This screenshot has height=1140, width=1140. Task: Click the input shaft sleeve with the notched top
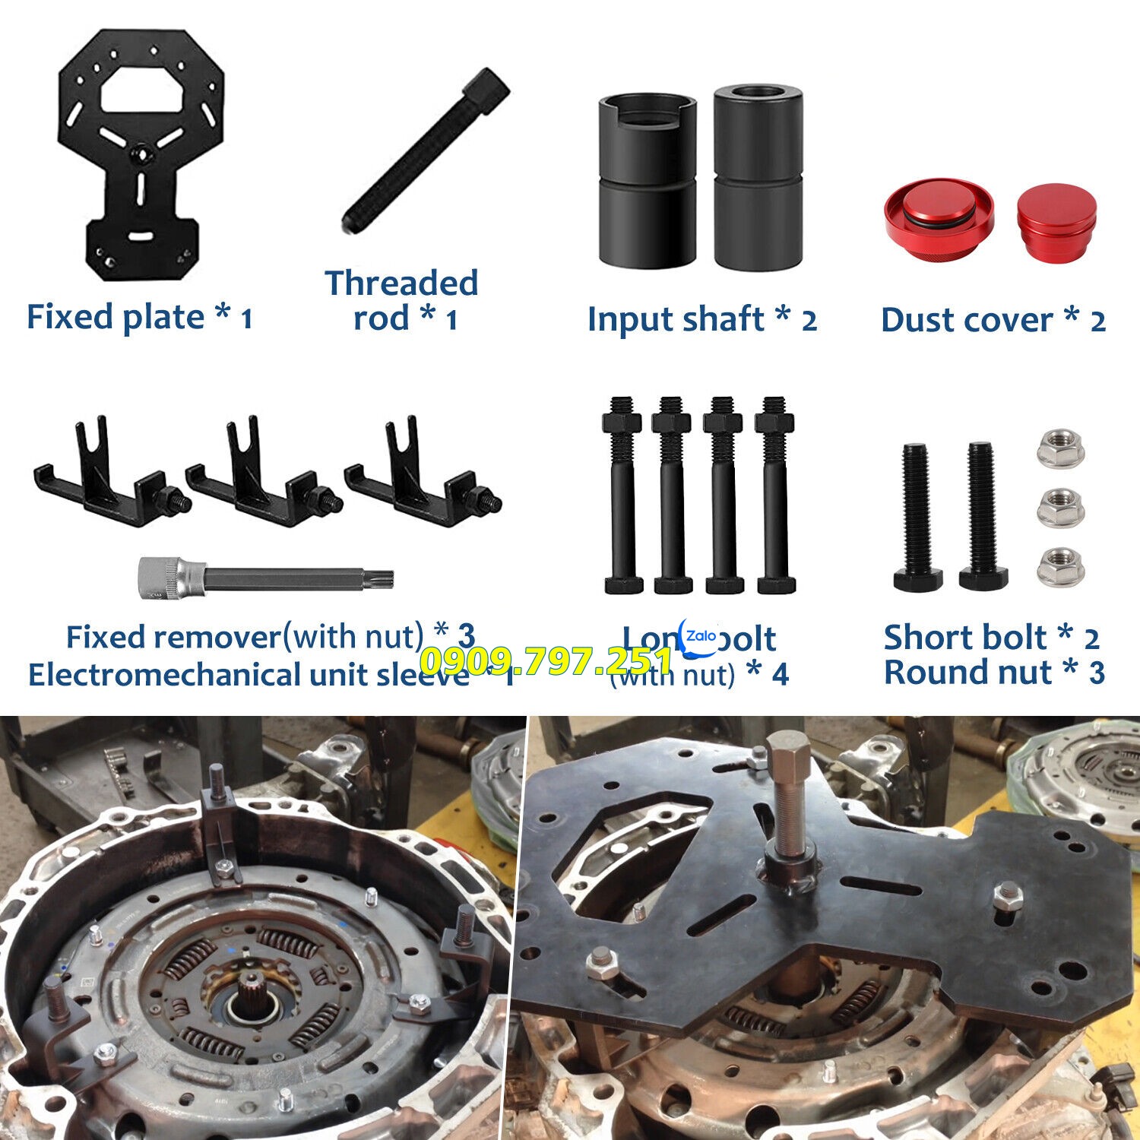click(646, 182)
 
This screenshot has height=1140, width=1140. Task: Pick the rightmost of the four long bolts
click(775, 494)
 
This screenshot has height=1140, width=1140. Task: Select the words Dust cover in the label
click(966, 321)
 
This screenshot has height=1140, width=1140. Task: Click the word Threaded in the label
click(401, 283)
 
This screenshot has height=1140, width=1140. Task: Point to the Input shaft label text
click(676, 319)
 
